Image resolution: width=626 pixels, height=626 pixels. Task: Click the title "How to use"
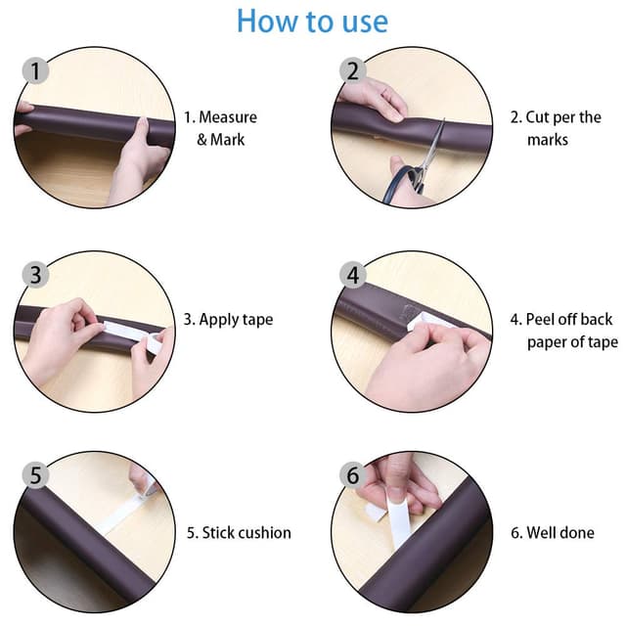point(312,21)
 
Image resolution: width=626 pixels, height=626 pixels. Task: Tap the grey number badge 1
point(35,70)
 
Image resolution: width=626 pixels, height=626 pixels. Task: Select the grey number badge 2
point(353,70)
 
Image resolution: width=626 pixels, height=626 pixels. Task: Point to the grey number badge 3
point(35,275)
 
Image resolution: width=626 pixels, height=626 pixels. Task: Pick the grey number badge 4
point(353,275)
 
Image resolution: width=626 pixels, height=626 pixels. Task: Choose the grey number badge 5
point(35,475)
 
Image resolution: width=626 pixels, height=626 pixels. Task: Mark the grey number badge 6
point(353,475)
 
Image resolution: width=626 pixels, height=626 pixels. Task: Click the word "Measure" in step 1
point(228,117)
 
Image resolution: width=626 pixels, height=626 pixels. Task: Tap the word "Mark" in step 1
point(227,140)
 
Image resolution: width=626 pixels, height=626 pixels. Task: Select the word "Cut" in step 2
point(537,117)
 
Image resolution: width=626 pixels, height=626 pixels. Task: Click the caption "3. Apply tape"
point(228,320)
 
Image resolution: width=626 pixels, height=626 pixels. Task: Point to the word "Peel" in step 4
point(540,320)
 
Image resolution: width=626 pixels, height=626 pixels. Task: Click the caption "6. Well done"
point(553,533)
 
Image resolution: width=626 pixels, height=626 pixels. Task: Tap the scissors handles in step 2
point(403,182)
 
